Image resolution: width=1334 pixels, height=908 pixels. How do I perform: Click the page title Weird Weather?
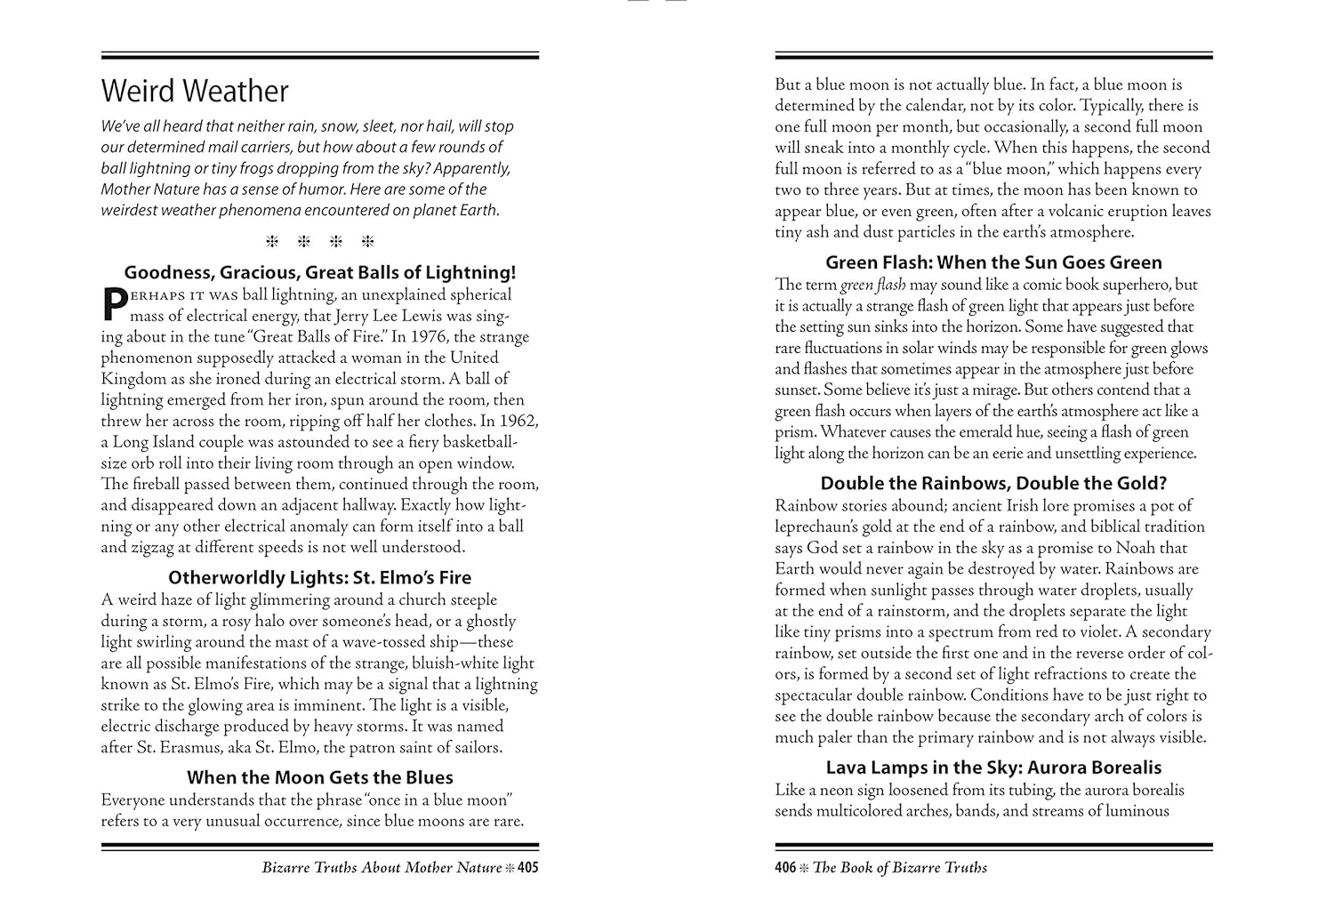(x=195, y=92)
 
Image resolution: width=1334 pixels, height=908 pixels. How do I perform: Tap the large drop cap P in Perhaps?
(x=114, y=303)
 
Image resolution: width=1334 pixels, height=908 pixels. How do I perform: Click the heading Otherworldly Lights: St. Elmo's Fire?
(x=319, y=578)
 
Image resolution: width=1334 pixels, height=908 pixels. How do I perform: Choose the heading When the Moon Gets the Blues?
(x=319, y=777)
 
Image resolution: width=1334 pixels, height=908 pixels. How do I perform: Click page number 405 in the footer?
(x=527, y=868)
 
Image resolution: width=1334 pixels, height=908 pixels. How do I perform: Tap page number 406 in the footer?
(x=785, y=868)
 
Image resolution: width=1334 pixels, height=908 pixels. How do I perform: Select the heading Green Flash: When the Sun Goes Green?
(x=993, y=263)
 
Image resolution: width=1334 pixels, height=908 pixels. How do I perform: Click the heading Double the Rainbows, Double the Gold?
(x=993, y=484)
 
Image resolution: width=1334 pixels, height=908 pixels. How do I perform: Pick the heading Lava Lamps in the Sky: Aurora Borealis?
(x=993, y=767)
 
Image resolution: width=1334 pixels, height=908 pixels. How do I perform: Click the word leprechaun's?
(x=824, y=527)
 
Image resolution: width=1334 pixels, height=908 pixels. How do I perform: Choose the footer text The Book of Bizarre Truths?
(x=900, y=868)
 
